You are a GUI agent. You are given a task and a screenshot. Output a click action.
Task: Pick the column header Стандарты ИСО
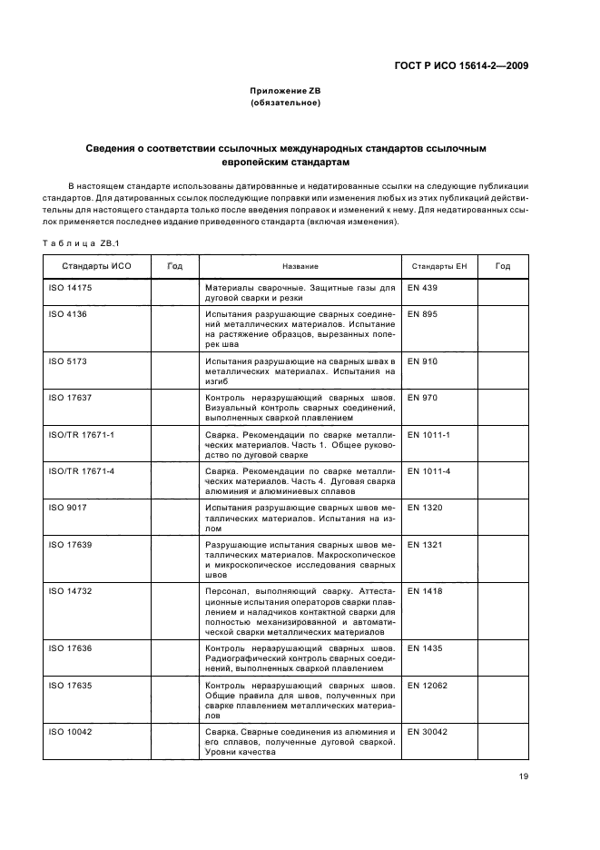pyautogui.click(x=91, y=266)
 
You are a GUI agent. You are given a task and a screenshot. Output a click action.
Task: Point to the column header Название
pyautogui.click(x=300, y=266)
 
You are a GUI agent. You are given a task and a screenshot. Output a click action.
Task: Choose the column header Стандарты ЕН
pyautogui.click(x=438, y=266)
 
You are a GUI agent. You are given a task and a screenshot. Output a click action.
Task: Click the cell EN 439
pyautogui.click(x=423, y=288)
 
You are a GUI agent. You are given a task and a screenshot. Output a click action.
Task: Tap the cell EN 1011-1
pyautogui.click(x=429, y=434)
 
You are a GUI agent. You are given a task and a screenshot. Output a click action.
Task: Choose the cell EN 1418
pyautogui.click(x=426, y=590)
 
